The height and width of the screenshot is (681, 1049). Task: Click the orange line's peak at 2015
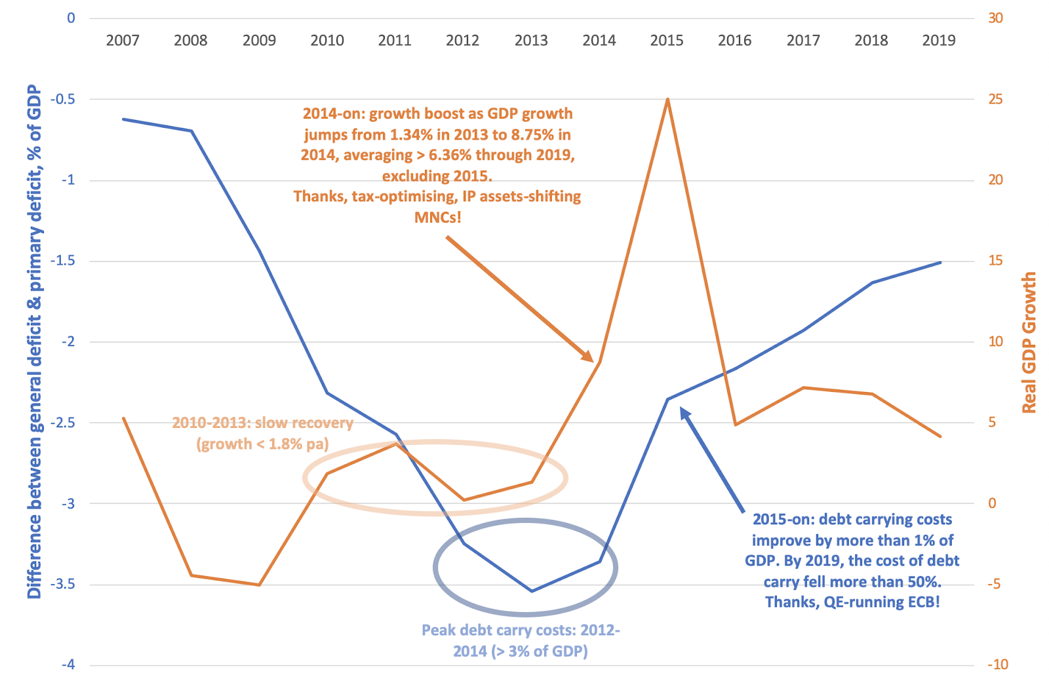tap(667, 99)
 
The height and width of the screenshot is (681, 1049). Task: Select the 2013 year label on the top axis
tap(530, 41)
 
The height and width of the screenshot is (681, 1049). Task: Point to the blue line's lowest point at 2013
tap(531, 591)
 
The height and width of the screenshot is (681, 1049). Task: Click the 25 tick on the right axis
tap(995, 99)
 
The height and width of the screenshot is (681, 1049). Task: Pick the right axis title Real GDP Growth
tap(1029, 342)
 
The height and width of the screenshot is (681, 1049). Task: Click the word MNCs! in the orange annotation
tap(437, 217)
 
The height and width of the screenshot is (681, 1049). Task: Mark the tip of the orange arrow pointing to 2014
tap(593, 361)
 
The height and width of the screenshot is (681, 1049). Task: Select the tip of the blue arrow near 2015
tap(681, 408)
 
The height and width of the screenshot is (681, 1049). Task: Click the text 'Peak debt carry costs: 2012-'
tap(521, 630)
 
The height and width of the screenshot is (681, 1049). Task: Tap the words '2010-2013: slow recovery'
tap(262, 423)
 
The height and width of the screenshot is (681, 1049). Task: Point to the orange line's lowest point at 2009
tap(259, 585)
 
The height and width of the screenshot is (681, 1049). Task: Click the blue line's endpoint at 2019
tap(940, 262)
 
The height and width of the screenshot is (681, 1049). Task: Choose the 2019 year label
tap(938, 41)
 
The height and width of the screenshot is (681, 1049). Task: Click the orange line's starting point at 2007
tap(123, 418)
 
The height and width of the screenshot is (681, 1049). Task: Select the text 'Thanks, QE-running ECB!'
tap(852, 602)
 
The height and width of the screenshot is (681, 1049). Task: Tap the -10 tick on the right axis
tap(997, 665)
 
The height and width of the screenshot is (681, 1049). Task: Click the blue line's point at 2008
tap(191, 131)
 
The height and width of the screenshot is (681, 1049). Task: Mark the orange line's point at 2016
tap(735, 425)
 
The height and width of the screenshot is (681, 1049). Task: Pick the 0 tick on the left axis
tap(71, 18)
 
